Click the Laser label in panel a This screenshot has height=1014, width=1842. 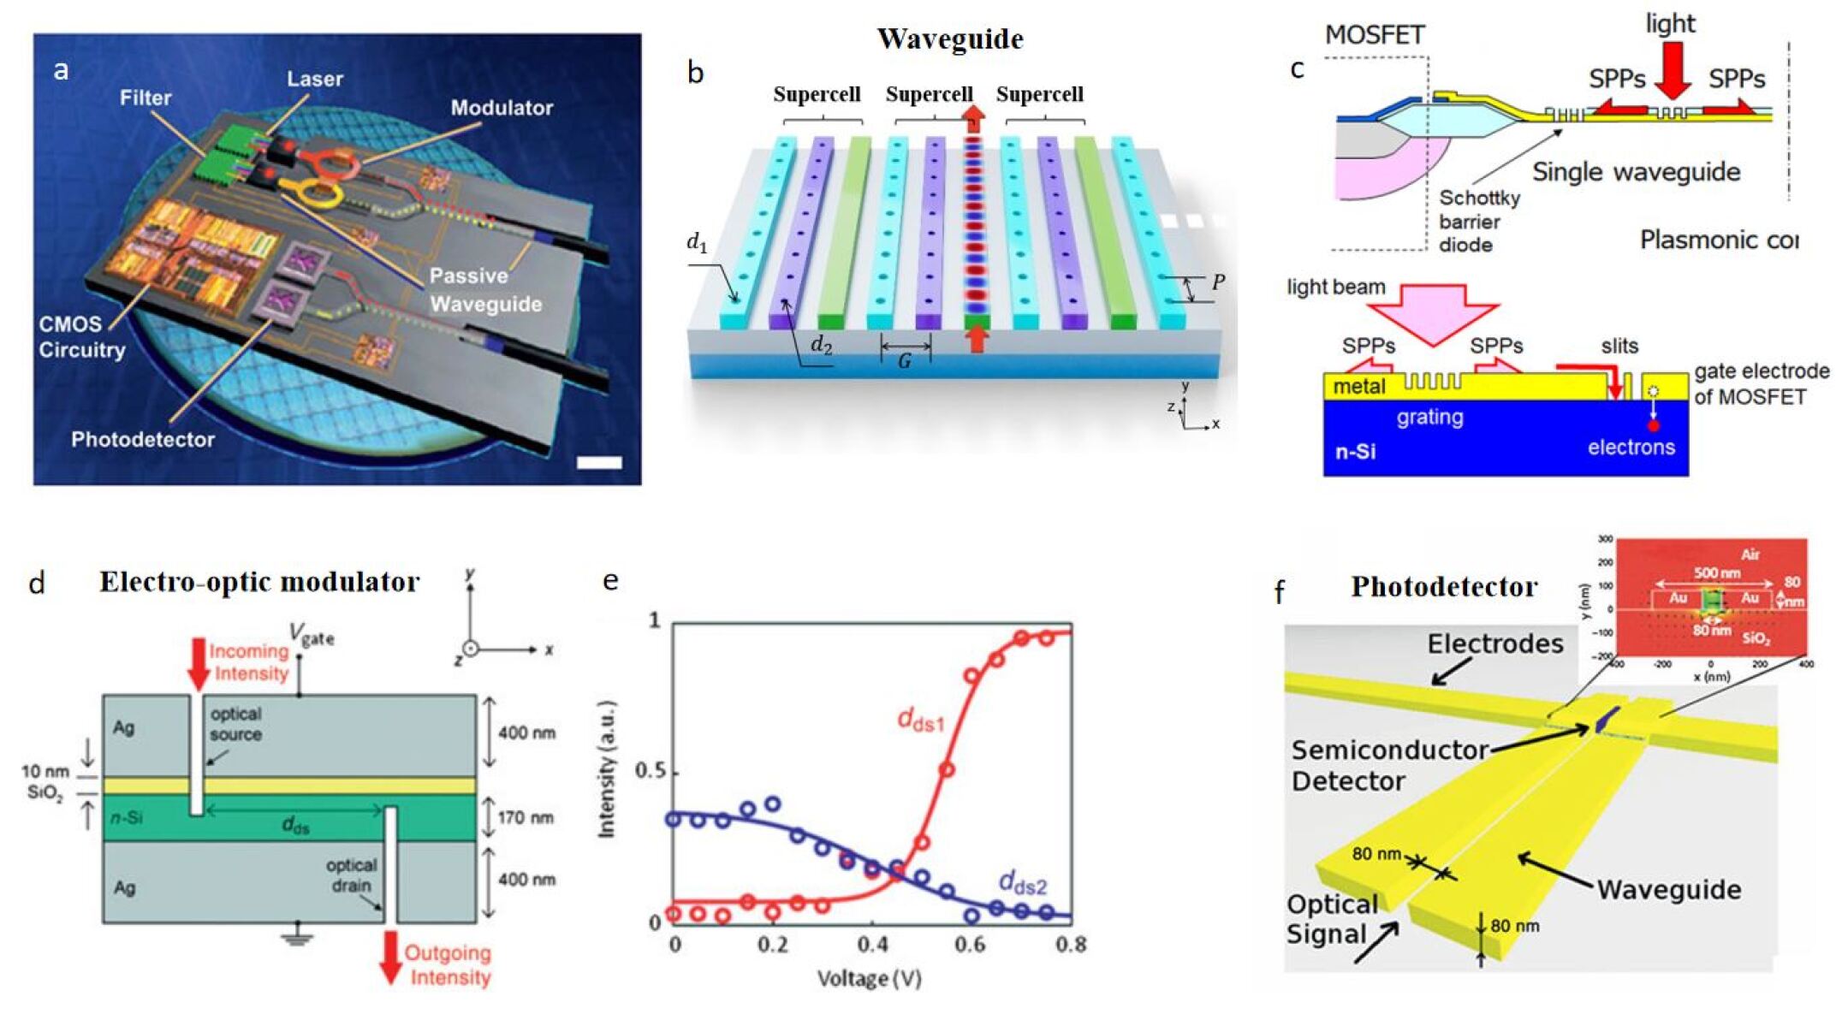point(314,79)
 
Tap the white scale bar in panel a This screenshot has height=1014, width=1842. point(599,463)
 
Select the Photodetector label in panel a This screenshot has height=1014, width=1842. point(142,440)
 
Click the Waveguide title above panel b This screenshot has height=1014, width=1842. point(949,39)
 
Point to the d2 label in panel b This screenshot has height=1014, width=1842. point(821,345)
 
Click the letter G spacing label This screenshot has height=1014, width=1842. point(904,361)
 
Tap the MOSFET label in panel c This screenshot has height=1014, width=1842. point(1375,35)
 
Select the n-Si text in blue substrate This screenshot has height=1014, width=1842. point(1356,451)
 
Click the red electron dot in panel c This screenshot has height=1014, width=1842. point(1654,425)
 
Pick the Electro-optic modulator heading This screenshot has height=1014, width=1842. point(259,582)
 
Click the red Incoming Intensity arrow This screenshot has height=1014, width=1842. point(198,663)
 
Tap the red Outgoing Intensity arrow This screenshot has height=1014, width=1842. point(390,957)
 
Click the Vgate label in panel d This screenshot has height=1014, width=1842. point(312,635)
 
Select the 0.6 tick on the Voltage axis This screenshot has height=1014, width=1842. point(970,944)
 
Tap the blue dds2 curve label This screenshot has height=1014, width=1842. point(1023,883)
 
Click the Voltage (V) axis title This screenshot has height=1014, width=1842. point(869,978)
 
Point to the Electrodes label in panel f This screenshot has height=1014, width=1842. point(1494,643)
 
